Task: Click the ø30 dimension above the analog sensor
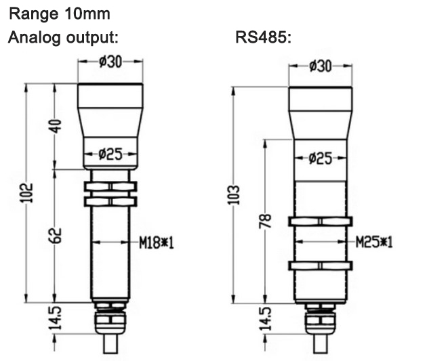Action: (x=110, y=62)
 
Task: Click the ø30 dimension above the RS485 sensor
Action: (x=320, y=66)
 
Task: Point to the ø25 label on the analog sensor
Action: (x=110, y=154)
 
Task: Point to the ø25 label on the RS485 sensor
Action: (x=320, y=158)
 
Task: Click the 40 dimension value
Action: (x=56, y=126)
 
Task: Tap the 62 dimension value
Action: (x=56, y=235)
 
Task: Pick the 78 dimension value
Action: (x=266, y=221)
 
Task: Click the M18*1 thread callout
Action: (x=157, y=242)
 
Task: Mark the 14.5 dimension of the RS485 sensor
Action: (x=266, y=319)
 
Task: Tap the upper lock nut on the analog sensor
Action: (x=110, y=186)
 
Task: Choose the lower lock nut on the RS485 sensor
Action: (x=320, y=265)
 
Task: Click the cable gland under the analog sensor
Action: (x=110, y=317)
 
